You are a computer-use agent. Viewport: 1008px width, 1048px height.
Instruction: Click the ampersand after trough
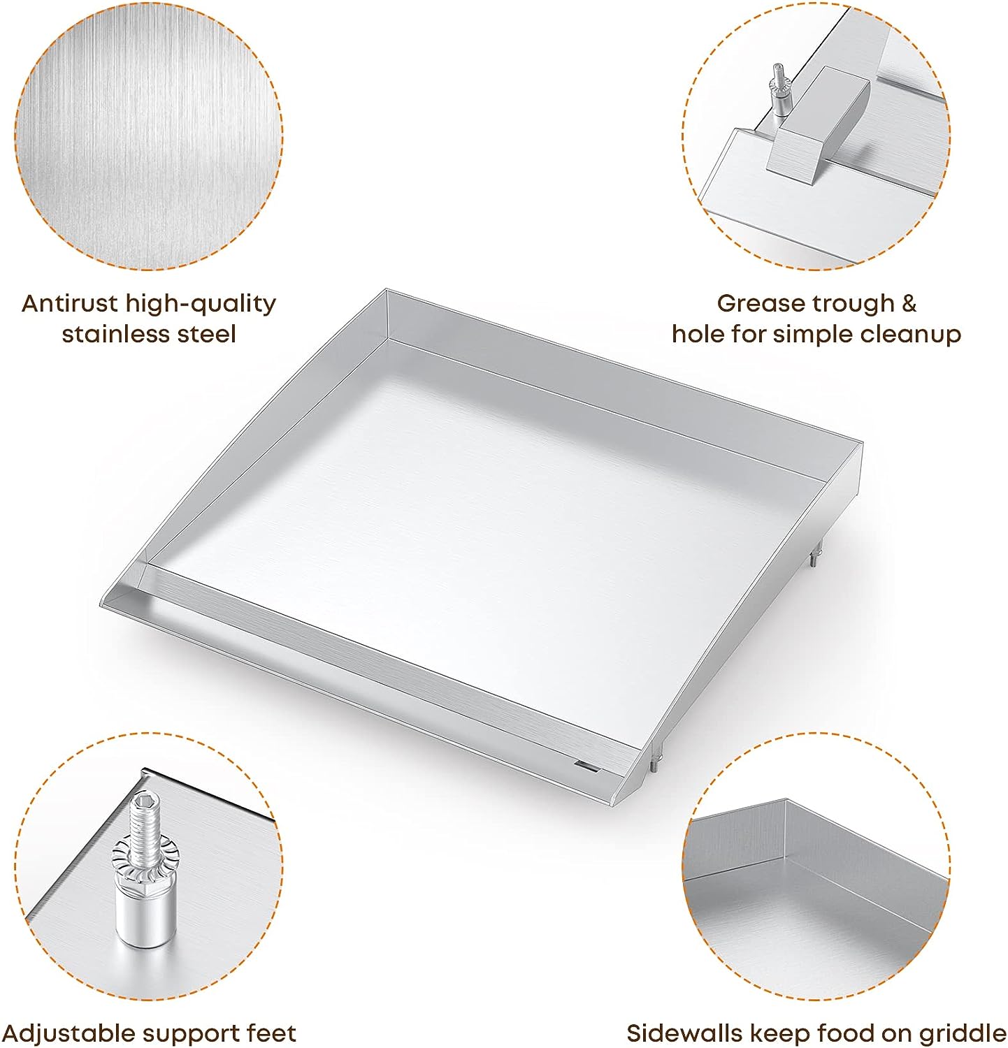point(908,303)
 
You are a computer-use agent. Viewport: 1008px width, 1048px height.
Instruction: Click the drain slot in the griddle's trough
point(586,767)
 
